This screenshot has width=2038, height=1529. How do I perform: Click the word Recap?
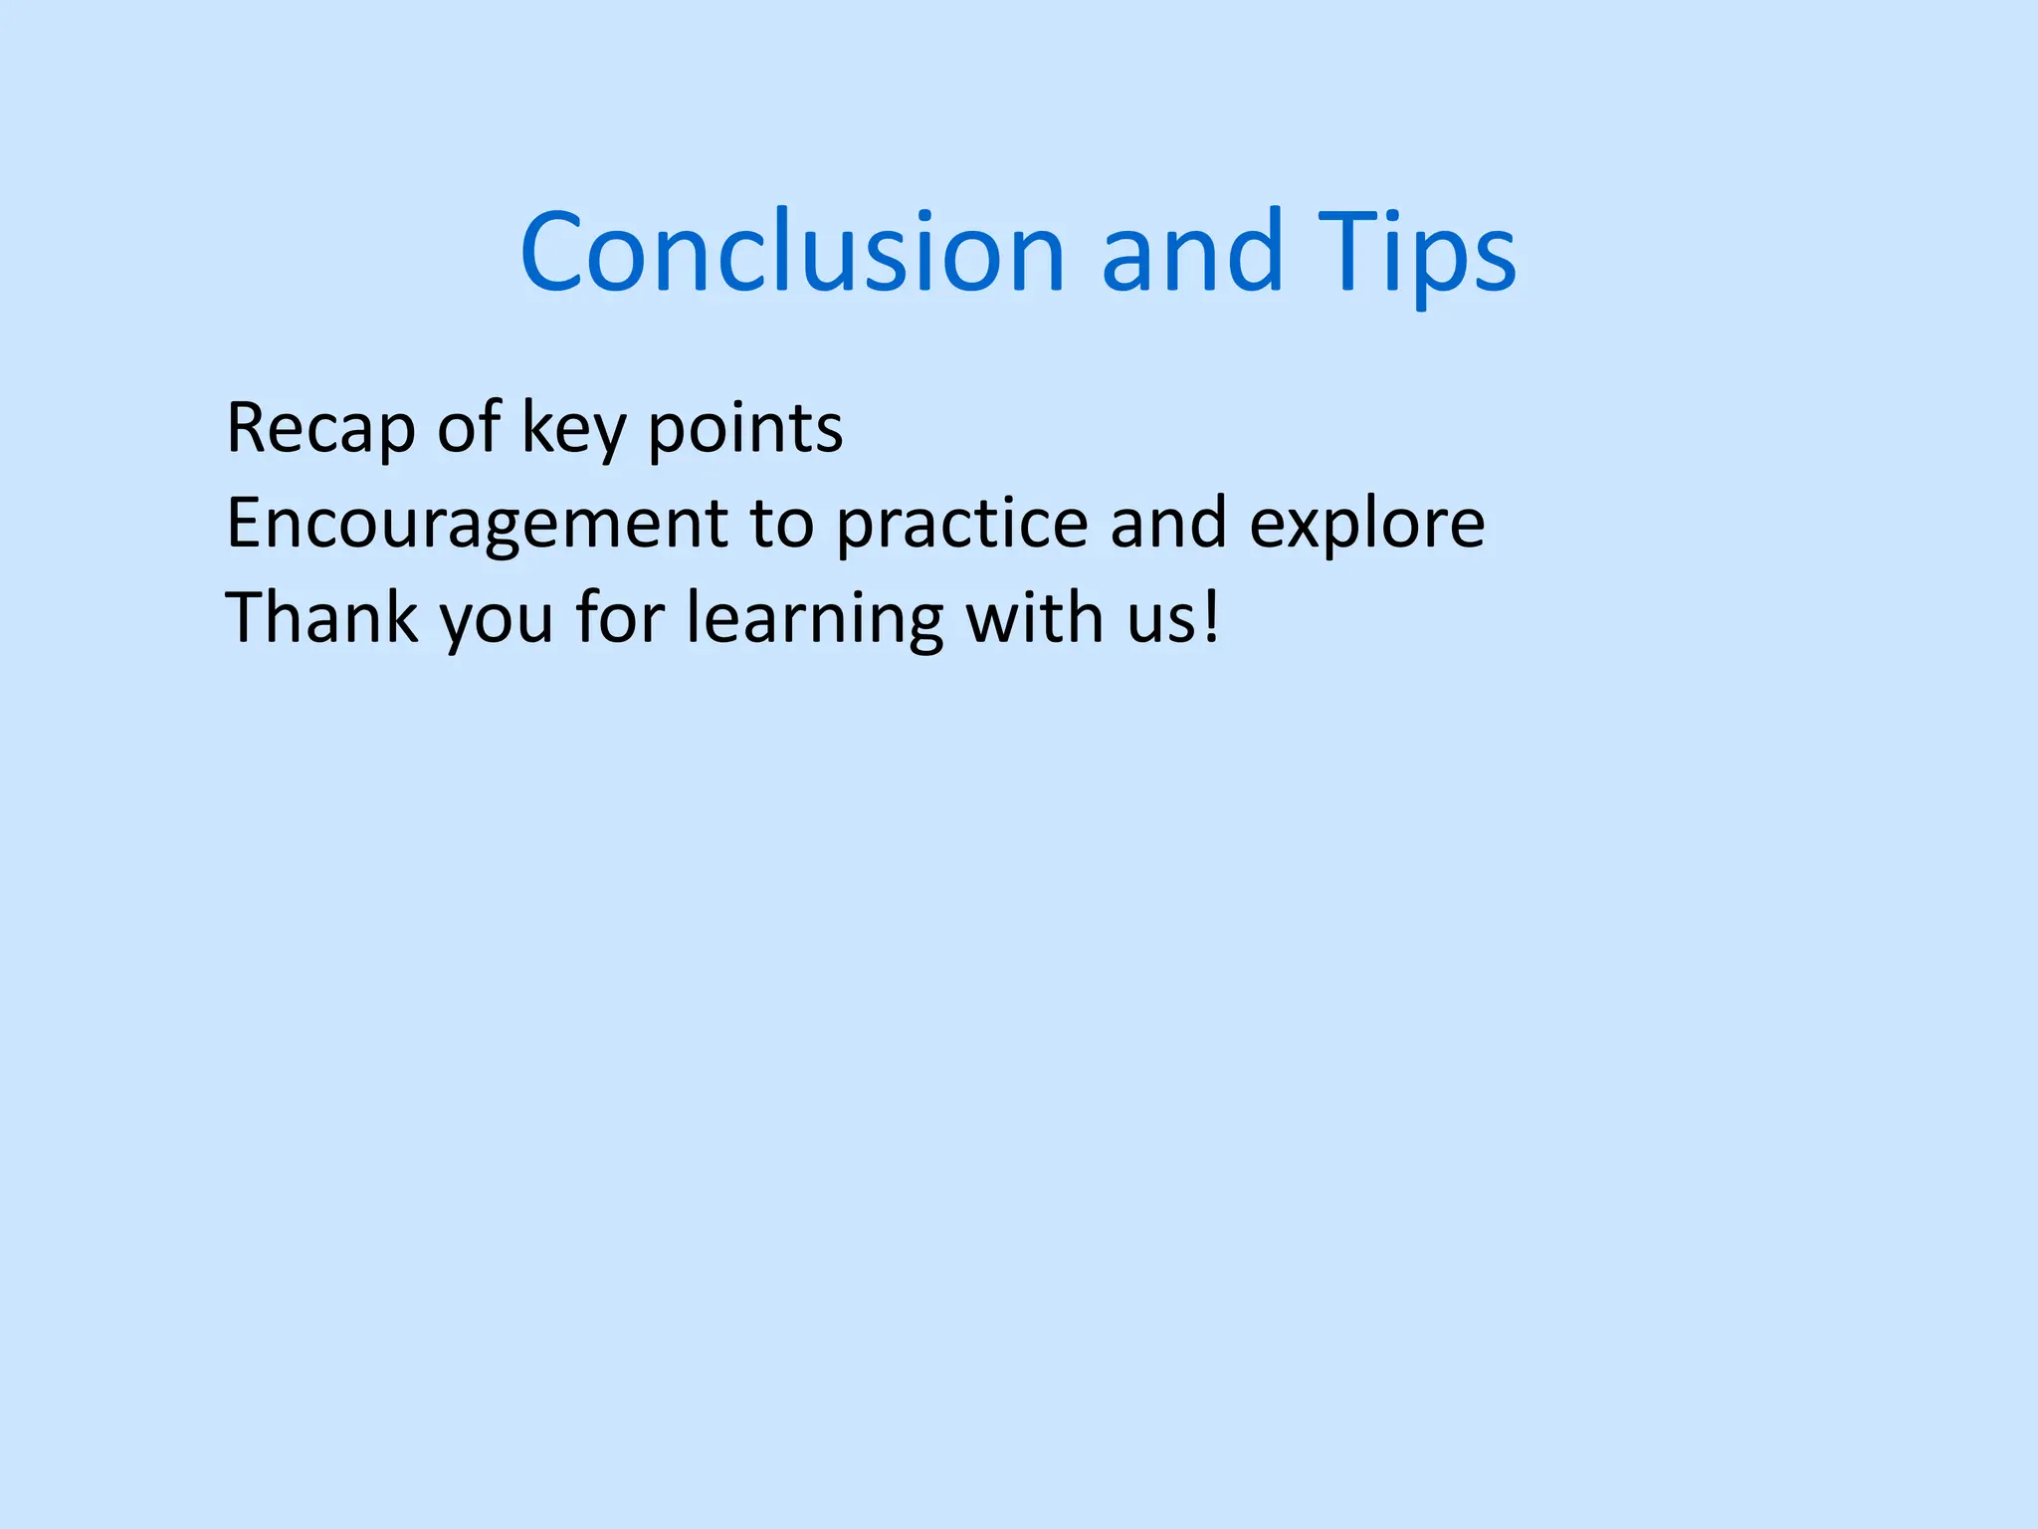[319, 429]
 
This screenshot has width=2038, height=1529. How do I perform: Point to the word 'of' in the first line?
[468, 427]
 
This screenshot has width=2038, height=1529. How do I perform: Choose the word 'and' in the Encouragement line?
[1167, 522]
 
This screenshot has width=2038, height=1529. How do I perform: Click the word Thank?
[321, 617]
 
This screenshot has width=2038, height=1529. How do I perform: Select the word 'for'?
[619, 617]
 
